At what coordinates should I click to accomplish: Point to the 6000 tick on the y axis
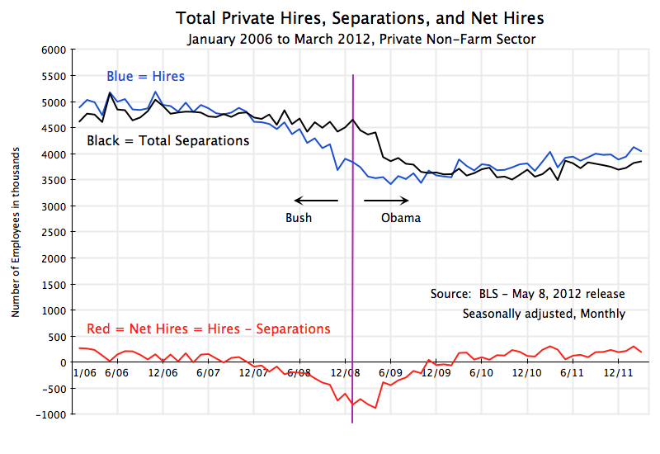[x=52, y=50]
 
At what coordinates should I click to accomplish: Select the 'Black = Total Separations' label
[x=168, y=140]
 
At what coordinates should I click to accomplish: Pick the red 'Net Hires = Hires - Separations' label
[x=196, y=329]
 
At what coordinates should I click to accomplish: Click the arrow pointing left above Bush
[x=316, y=200]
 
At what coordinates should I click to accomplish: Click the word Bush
[x=299, y=218]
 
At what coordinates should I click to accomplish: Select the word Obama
[x=401, y=218]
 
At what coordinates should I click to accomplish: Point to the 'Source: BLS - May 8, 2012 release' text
[x=527, y=294]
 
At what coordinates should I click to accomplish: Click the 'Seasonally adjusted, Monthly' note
[x=544, y=314]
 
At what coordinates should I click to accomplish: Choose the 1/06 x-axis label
[x=83, y=373]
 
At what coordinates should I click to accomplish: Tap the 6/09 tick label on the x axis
[x=390, y=373]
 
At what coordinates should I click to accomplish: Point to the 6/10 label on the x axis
[x=481, y=373]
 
